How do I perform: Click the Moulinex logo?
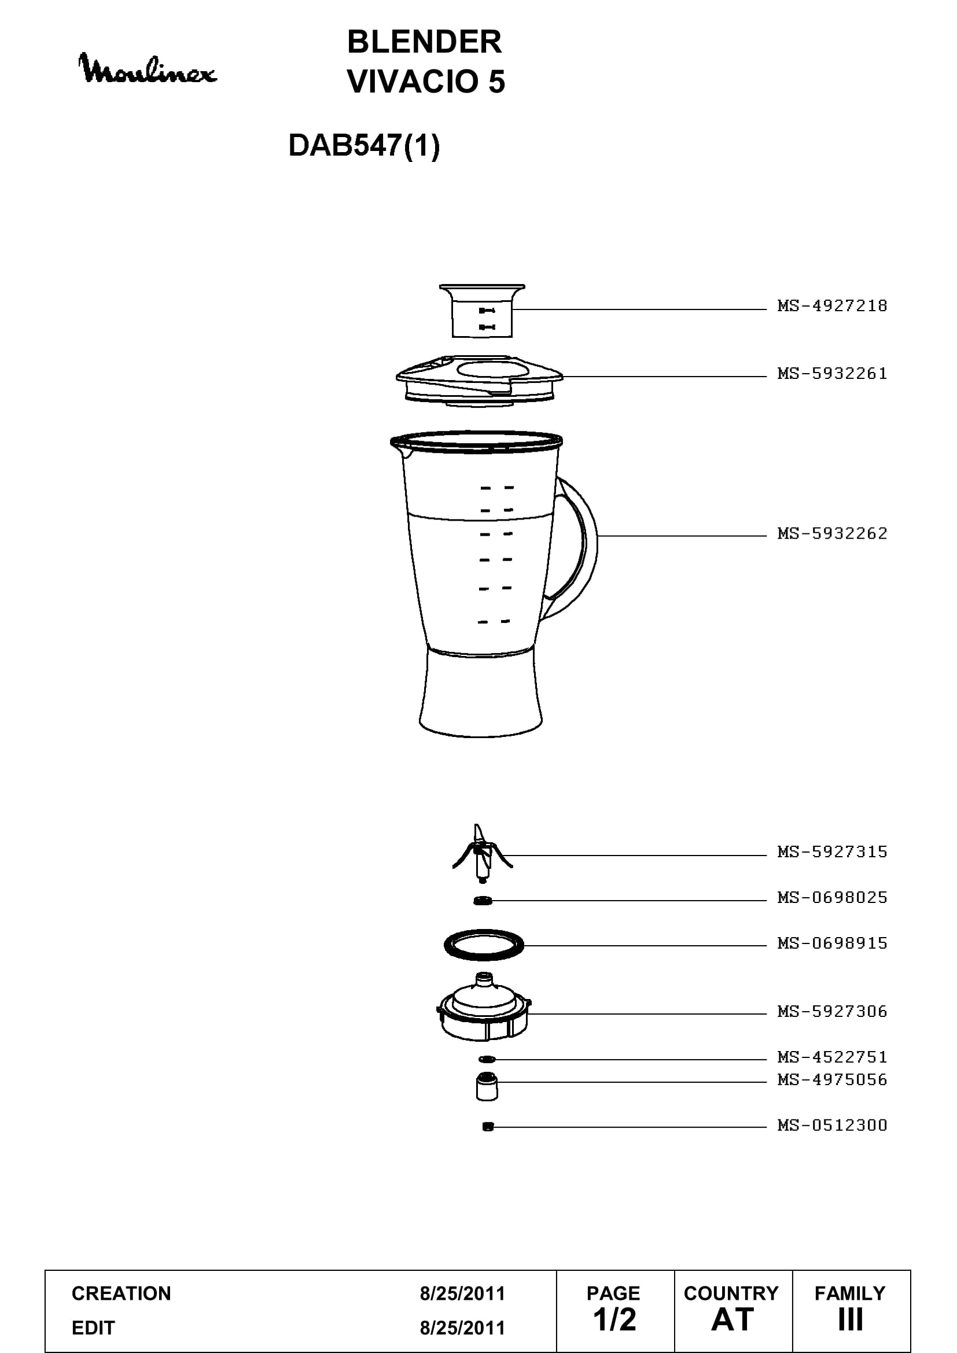(x=148, y=69)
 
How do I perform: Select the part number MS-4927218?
(x=832, y=306)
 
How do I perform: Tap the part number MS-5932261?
(x=832, y=374)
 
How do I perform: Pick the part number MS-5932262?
(x=832, y=533)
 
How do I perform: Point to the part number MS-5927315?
(x=832, y=851)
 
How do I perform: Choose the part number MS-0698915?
(x=832, y=943)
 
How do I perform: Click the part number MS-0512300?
(x=832, y=1125)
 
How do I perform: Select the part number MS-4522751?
(x=832, y=1057)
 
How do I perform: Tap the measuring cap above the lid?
(x=482, y=311)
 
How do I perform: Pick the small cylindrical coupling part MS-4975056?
(x=486, y=1086)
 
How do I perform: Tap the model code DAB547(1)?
(x=364, y=145)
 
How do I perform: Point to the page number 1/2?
(x=614, y=1319)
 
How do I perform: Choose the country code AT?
(x=733, y=1319)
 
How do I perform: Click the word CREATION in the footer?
(x=122, y=1293)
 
